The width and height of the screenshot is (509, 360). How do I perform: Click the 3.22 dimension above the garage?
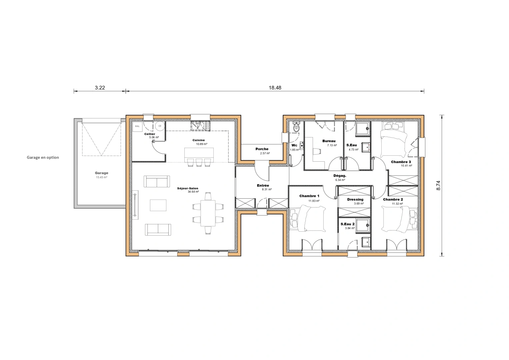tap(100, 88)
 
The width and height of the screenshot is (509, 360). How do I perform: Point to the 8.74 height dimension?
tap(438, 185)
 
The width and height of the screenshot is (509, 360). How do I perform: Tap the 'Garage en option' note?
tap(43, 157)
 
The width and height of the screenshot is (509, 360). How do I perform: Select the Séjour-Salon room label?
tap(188, 188)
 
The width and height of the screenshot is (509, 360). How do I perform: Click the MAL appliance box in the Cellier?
tap(137, 126)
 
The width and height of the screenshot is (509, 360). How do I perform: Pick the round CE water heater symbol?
tap(160, 126)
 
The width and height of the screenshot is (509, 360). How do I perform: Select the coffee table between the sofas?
tap(158, 205)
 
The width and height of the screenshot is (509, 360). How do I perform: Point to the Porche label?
tap(262, 149)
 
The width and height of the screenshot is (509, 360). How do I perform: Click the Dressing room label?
tap(355, 199)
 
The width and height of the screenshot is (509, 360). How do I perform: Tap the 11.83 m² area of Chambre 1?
tap(314, 201)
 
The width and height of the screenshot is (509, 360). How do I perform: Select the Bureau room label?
tap(329, 141)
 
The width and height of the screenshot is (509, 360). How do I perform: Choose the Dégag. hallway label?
tap(340, 176)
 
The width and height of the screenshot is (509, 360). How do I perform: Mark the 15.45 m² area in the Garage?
tap(101, 177)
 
